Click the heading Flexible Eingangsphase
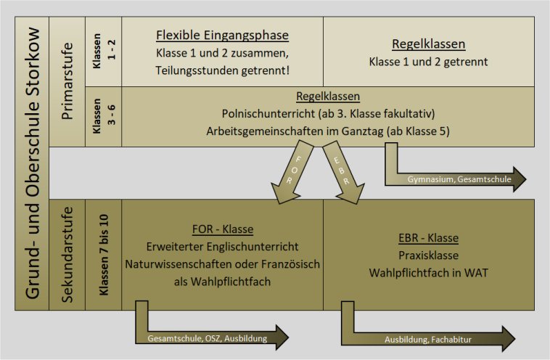[222, 36]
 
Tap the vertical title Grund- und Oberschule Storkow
[32, 163]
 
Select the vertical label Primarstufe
[67, 81]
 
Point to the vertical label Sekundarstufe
[67, 254]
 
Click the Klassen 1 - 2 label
[104, 51]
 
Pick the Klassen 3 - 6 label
[104, 116]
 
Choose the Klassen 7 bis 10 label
[104, 255]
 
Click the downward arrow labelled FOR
[292, 172]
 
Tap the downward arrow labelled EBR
[343, 172]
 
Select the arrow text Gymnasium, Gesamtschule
[459, 179]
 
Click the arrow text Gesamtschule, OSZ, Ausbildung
[208, 339]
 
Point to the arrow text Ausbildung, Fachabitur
[428, 340]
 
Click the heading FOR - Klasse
[223, 229]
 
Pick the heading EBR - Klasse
[429, 238]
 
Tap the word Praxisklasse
[429, 255]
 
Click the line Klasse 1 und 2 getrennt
[428, 62]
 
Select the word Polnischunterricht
[269, 114]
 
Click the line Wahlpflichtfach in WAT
[428, 273]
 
